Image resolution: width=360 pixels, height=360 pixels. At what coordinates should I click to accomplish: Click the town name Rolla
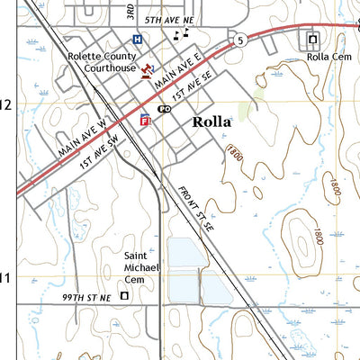(211, 122)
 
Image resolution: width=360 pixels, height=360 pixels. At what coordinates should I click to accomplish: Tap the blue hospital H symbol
(137, 40)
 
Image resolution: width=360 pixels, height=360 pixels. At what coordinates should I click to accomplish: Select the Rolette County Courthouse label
(102, 61)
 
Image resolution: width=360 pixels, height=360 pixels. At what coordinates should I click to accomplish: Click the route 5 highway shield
(241, 40)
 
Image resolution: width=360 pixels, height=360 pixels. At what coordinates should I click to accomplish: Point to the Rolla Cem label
(325, 57)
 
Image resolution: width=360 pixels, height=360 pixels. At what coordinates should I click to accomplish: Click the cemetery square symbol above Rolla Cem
(313, 40)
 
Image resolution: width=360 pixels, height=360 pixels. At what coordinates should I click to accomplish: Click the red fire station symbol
(145, 118)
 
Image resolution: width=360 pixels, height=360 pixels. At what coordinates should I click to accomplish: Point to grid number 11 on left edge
(4, 278)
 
